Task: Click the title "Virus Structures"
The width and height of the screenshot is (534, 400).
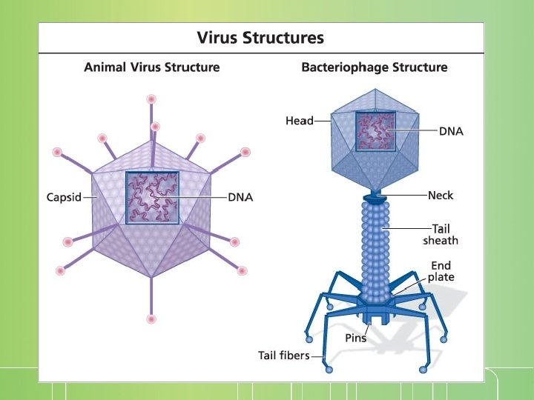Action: coord(260,37)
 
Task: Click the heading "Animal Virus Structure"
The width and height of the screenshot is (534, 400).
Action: coord(152,67)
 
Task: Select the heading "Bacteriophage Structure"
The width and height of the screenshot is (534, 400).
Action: coord(375,67)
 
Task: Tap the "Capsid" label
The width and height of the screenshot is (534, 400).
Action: coord(64,198)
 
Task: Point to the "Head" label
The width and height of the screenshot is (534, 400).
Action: coord(300,121)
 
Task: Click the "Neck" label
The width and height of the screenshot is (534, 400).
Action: coord(440,196)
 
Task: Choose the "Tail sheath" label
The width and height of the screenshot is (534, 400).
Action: coord(441,235)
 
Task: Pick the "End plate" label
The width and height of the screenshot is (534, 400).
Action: coord(441,271)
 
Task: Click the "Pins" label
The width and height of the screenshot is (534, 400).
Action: coord(356,338)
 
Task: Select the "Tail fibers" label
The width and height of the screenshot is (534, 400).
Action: coord(283,356)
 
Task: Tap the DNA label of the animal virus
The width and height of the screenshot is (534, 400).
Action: coord(240,198)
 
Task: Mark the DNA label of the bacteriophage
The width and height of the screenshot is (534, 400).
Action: coord(452,131)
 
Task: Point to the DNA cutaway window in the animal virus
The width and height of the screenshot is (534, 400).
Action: coord(153,198)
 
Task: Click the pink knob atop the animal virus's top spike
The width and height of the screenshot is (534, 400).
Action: coord(151,99)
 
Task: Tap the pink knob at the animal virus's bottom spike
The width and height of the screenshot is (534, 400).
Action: coord(152,319)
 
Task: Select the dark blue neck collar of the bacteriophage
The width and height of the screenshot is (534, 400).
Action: coord(374,198)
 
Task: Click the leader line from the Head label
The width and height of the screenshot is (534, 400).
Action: coord(323,121)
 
